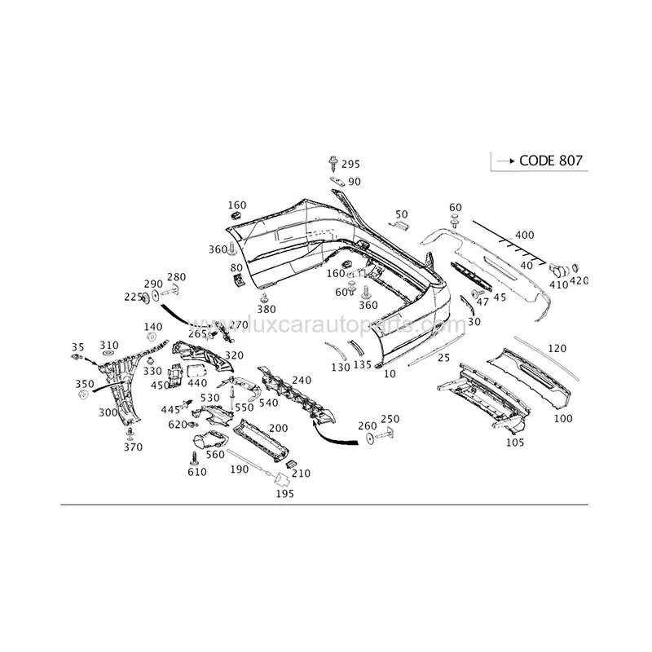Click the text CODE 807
[x=550, y=160]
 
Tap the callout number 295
[x=350, y=165]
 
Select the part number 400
[x=524, y=236]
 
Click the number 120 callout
[x=557, y=348]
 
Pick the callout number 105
[x=513, y=443]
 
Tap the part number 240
[x=301, y=380]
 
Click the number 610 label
[x=197, y=473]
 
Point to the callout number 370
[x=132, y=447]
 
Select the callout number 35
[x=77, y=346]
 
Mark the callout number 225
[x=133, y=297]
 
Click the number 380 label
[x=267, y=309]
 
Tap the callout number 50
[x=401, y=214]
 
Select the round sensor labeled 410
[x=559, y=268]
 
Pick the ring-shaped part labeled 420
[x=575, y=267]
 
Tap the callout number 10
[x=390, y=373]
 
